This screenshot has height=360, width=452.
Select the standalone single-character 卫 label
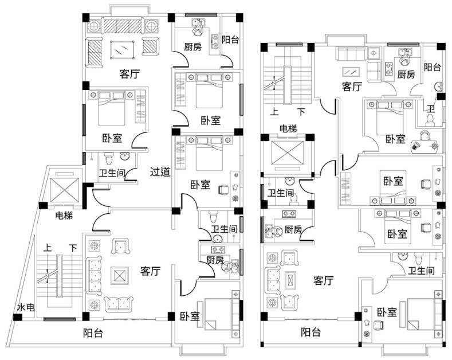(431, 108)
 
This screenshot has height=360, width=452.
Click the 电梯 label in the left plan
(64, 216)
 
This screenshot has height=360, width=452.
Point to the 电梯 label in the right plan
(288, 128)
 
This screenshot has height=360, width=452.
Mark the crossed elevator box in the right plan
(286, 154)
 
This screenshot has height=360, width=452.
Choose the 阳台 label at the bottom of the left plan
(93, 332)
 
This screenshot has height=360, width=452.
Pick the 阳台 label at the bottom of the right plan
(311, 331)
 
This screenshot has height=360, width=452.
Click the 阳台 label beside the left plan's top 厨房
(230, 40)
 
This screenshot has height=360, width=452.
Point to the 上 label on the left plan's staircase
(48, 248)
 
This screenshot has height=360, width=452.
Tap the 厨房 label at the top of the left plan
(192, 48)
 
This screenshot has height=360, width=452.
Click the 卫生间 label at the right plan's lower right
(420, 270)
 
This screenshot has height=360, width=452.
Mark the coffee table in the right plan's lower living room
(291, 280)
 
